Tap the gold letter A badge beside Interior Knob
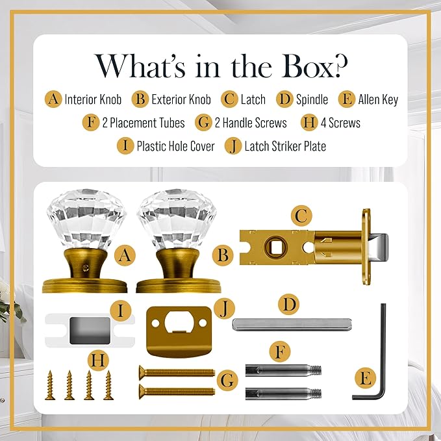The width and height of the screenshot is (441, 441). click(53, 99)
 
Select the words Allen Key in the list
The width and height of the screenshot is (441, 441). click(378, 99)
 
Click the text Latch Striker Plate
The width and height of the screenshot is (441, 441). click(285, 146)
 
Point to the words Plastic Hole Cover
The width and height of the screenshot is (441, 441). click(175, 146)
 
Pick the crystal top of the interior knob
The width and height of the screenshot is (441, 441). click(86, 220)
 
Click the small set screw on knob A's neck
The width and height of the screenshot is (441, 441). click(86, 267)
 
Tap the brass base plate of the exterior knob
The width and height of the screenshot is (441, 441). click(179, 286)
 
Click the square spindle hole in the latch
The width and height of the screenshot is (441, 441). click(275, 247)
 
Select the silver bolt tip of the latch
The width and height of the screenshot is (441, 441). click(379, 247)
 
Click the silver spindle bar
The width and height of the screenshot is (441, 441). click(292, 324)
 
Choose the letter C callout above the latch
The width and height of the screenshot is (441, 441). click(301, 216)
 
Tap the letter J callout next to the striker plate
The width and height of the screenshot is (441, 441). click(224, 310)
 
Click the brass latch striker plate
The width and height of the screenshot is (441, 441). click(179, 332)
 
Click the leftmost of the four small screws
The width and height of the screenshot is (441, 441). click(50, 385)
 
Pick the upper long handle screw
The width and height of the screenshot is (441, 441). click(177, 373)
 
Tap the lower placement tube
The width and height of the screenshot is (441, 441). click(283, 394)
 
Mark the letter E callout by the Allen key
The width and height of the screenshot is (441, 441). click(366, 378)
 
